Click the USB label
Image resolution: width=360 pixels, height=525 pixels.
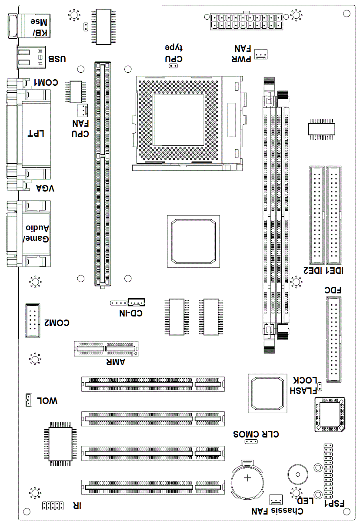pos(57,59)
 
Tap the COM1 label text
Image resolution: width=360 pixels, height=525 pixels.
pos(46,83)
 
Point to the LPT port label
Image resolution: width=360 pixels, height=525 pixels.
pos(36,134)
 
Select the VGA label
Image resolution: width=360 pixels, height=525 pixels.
pos(45,188)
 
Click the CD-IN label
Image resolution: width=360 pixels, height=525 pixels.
pos(131,313)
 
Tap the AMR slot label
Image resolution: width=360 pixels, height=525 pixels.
pos(116,362)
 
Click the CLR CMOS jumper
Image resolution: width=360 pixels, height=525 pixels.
pos(251,442)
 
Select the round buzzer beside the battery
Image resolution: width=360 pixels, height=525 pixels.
pos(298,475)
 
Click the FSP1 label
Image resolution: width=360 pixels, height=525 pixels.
pos(334,503)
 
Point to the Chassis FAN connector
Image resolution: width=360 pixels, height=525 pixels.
pos(276,500)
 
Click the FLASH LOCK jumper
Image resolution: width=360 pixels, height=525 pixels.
pos(320,387)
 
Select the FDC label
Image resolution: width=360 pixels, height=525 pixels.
pos(333,290)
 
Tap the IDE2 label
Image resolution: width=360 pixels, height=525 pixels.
pos(312,271)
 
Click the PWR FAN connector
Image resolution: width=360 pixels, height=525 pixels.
pos(261,54)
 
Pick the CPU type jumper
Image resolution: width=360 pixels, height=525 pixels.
pos(173,66)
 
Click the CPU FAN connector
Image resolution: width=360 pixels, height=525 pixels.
pos(83,110)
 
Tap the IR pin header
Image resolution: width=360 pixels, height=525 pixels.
pos(53,505)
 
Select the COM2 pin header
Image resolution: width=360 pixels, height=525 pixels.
pos(33,321)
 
